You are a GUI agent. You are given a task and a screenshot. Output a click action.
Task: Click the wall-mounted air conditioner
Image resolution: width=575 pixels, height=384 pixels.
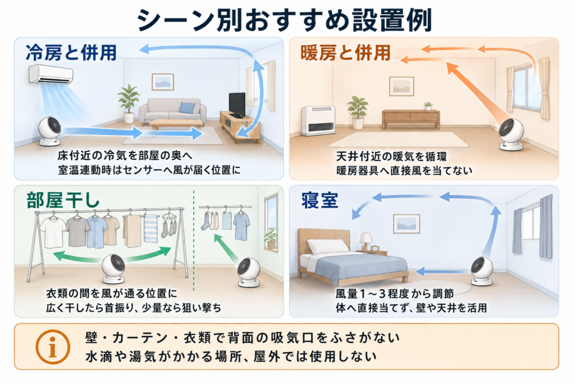[51, 75]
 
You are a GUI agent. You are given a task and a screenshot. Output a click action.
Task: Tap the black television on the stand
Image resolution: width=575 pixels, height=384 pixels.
[237, 105]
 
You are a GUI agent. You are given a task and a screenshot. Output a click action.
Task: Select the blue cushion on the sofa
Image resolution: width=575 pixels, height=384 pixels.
[187, 107]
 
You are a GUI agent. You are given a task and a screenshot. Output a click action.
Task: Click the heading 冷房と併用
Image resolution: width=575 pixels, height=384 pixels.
[71, 52]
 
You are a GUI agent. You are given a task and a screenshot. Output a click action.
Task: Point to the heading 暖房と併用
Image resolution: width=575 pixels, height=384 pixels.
[345, 52]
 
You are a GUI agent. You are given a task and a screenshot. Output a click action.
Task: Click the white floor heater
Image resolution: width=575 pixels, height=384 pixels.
[318, 120]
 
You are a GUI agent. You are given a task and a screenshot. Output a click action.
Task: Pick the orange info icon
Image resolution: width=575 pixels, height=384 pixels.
[53, 346]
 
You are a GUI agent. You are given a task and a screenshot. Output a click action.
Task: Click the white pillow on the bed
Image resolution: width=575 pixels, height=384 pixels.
[327, 246]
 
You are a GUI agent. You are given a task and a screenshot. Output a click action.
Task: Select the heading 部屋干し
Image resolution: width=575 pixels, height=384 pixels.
[63, 201]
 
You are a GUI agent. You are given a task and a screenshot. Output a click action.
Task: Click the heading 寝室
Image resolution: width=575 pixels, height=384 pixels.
[320, 201]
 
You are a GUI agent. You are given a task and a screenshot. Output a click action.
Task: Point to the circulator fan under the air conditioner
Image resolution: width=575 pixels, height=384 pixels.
[50, 131]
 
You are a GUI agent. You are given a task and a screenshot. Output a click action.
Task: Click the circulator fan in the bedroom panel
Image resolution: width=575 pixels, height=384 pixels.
[482, 271]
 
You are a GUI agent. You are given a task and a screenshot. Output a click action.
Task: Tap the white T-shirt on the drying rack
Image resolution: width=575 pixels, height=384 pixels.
[53, 232]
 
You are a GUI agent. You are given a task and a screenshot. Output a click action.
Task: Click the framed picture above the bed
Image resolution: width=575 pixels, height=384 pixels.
[407, 224]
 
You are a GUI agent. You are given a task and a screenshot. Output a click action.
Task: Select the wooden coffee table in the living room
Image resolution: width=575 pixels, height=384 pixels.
[176, 124]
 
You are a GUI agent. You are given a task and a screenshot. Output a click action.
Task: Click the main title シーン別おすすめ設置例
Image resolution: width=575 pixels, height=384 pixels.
[285, 20]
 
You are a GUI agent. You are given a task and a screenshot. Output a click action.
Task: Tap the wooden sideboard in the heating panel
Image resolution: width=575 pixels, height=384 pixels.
[410, 119]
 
